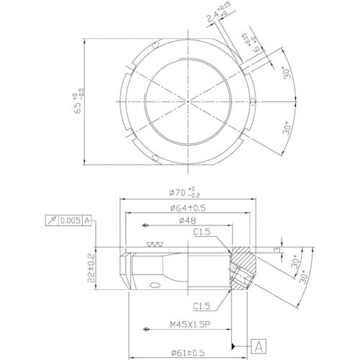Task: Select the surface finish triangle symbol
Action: pyautogui.click(x=151, y=245)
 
